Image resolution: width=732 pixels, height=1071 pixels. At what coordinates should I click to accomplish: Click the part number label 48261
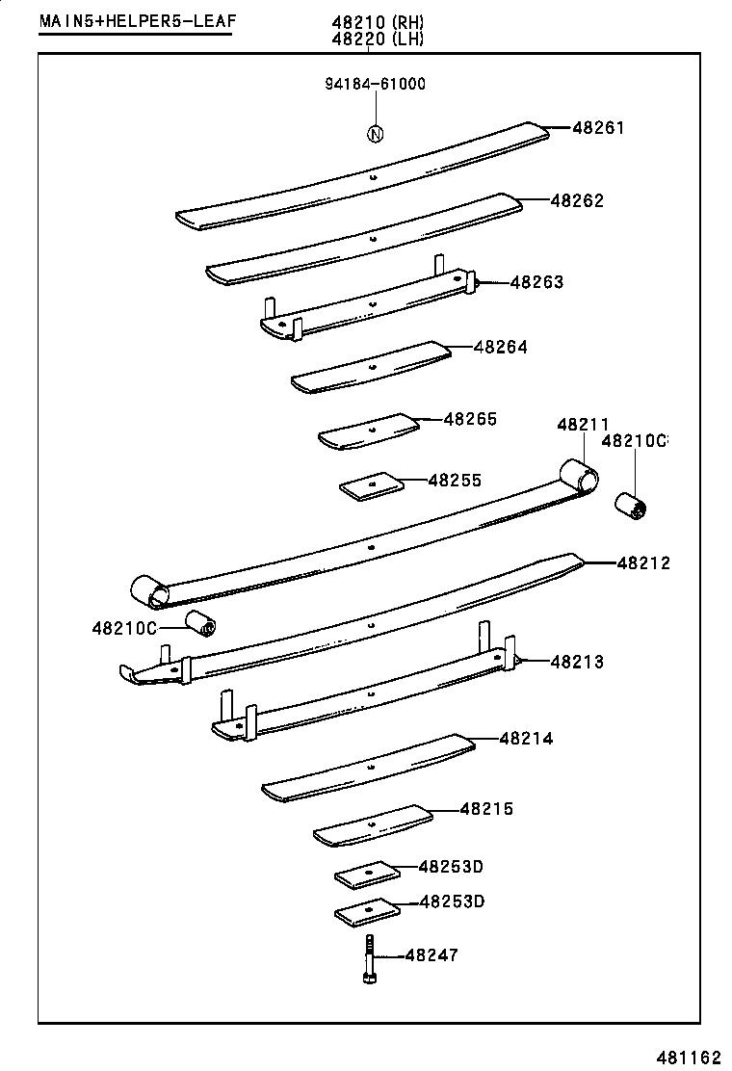(x=598, y=127)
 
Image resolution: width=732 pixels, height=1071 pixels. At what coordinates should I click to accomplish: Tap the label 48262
(x=577, y=201)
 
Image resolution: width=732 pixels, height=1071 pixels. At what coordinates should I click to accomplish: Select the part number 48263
(x=536, y=282)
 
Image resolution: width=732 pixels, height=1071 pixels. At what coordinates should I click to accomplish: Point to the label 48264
(x=501, y=347)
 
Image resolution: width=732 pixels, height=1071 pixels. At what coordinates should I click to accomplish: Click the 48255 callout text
(x=455, y=480)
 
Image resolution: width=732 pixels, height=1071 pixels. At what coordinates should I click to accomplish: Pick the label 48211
(x=583, y=425)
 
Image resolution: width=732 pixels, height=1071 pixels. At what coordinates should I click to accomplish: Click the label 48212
(x=643, y=562)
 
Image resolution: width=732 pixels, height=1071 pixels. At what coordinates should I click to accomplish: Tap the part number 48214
(x=526, y=739)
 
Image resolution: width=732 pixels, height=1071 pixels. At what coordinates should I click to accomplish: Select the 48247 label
(x=431, y=955)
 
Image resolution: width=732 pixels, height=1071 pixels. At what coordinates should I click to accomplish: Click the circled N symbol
(x=375, y=134)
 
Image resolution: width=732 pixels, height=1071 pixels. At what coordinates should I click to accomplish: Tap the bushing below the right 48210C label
(x=634, y=505)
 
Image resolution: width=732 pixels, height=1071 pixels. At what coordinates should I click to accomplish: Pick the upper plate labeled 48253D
(x=367, y=874)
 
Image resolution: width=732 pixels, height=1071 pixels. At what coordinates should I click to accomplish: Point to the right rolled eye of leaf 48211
(x=579, y=475)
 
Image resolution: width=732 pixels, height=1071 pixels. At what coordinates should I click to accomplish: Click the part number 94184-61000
(x=375, y=84)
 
